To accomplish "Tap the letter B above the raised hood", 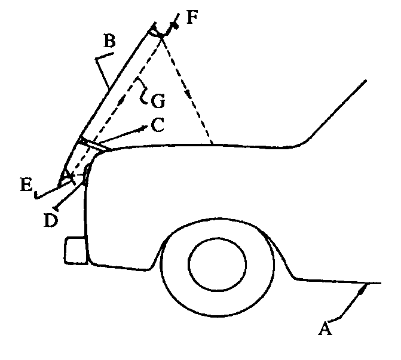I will (109, 42).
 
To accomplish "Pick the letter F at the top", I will (191, 16).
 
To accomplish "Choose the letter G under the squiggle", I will (158, 101).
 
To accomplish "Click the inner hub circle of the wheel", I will (218, 264).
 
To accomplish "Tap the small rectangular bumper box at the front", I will (76, 250).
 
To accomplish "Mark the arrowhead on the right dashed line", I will (189, 94).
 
